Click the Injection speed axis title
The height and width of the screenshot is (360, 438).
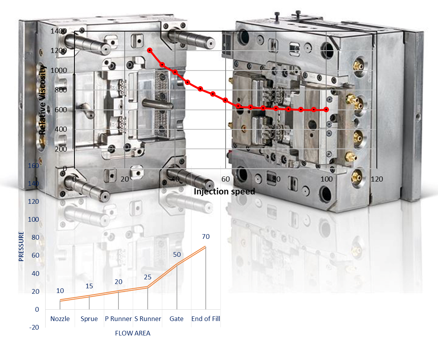[224, 192]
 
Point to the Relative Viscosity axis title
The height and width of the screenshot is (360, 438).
[42, 100]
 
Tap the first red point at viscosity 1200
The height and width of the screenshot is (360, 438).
[150, 50]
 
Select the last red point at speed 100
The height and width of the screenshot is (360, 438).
[326, 110]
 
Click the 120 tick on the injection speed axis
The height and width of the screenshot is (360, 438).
[377, 179]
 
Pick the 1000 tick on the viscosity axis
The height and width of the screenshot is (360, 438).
[59, 71]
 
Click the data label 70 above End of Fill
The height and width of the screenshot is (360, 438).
[206, 236]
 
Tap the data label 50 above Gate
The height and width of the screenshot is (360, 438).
[177, 254]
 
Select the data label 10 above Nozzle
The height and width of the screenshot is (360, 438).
[60, 291]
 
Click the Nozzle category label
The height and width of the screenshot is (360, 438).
[60, 319]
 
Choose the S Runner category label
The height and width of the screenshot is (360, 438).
[148, 319]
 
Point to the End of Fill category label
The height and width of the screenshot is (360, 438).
[206, 319]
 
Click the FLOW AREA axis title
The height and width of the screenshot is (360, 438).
[132, 333]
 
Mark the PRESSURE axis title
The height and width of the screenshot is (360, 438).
[21, 246]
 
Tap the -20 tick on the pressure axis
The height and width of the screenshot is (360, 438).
[34, 327]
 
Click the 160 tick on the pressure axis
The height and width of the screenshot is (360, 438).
[34, 166]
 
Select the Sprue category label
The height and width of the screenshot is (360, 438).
[89, 319]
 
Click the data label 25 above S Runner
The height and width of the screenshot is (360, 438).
[148, 277]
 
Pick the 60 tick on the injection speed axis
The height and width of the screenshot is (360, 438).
[226, 179]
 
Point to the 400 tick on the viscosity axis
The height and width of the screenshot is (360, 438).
[61, 129]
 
